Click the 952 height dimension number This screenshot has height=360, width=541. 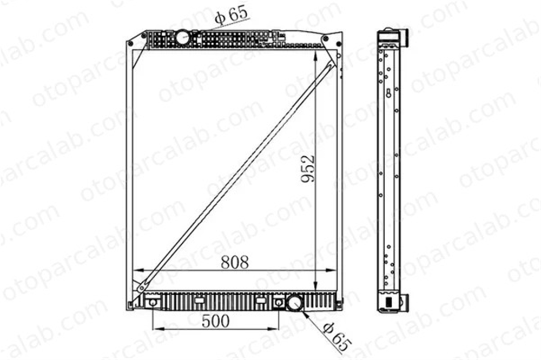click(308, 169)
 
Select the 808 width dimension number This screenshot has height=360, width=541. click(235, 262)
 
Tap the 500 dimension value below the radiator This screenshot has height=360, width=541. click(216, 322)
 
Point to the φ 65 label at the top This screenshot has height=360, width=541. click(231, 15)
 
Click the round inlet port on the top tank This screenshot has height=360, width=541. click(182, 37)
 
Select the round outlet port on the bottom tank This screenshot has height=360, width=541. click(295, 303)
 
